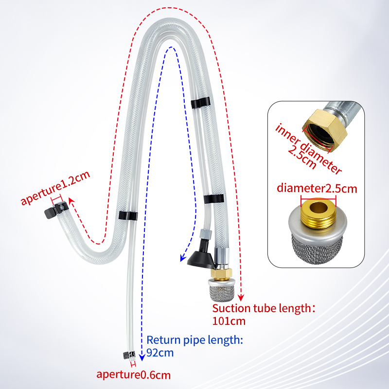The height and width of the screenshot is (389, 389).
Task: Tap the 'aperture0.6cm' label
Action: (133, 374)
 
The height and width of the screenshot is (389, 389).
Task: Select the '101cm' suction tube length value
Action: (229, 321)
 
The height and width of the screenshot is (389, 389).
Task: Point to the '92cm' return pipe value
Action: (160, 353)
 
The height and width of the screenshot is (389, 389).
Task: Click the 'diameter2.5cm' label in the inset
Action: (317, 188)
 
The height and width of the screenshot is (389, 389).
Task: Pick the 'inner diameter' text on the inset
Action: (309, 148)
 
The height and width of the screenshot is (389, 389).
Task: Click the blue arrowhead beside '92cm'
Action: (142, 357)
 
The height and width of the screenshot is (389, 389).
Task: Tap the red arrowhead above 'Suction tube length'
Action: (241, 298)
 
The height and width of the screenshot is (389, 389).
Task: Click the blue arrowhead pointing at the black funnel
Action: (183, 258)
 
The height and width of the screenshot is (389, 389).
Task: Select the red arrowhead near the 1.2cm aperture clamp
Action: (71, 200)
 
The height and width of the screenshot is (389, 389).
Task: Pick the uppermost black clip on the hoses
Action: (200, 103)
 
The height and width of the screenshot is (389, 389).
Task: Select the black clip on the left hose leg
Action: (128, 215)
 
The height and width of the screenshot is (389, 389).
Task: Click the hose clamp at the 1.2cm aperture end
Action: (56, 210)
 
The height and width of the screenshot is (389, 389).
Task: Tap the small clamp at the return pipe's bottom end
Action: (129, 355)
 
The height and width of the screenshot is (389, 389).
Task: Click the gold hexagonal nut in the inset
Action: (324, 130)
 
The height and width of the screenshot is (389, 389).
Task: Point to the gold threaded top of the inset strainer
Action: (318, 213)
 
